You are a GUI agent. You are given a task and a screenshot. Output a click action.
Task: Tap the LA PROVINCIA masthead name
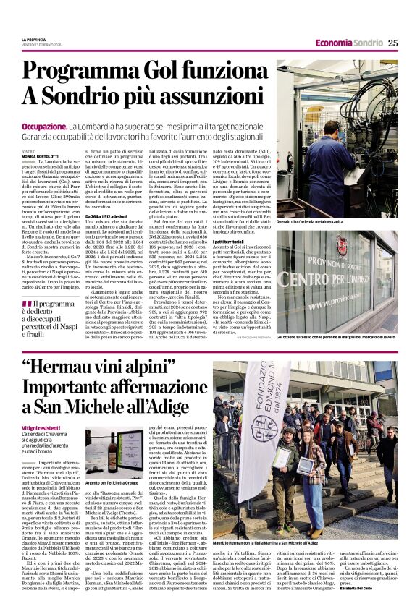33,39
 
